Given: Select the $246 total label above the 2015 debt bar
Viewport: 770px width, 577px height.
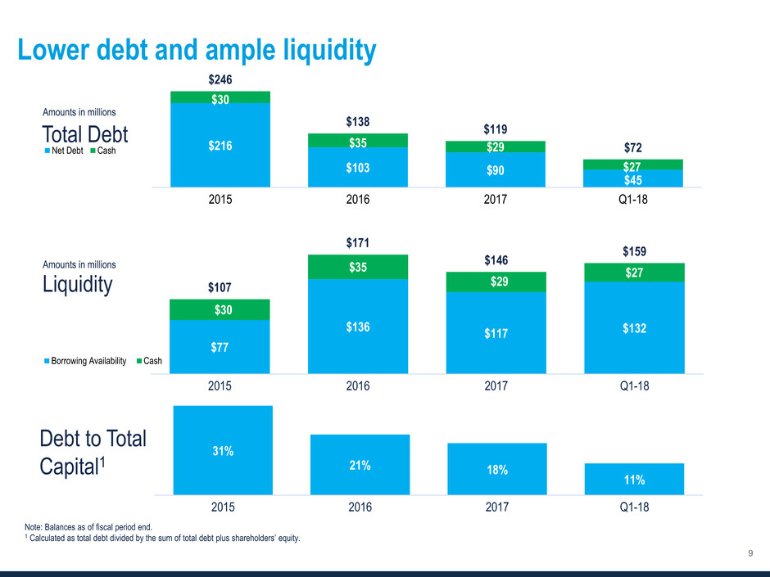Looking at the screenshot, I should click(x=220, y=80).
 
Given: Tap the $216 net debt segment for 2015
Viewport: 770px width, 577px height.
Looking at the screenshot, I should click(x=220, y=145).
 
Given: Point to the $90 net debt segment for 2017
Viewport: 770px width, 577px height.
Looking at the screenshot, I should click(x=496, y=170).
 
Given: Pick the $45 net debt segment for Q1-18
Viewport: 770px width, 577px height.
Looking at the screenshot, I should click(x=633, y=178).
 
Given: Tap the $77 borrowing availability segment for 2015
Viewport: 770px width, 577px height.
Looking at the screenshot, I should click(x=220, y=347).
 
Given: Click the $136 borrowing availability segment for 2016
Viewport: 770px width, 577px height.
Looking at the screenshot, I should click(x=358, y=327).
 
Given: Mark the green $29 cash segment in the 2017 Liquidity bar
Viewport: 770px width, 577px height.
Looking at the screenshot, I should click(x=496, y=282).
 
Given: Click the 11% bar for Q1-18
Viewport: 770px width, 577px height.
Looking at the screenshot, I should click(x=634, y=479).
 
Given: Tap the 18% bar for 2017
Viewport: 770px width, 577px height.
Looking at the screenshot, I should click(x=496, y=469).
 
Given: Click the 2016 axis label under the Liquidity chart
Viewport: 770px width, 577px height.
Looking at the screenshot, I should click(x=358, y=387).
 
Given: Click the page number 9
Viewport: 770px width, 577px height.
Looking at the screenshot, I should click(x=750, y=555).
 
